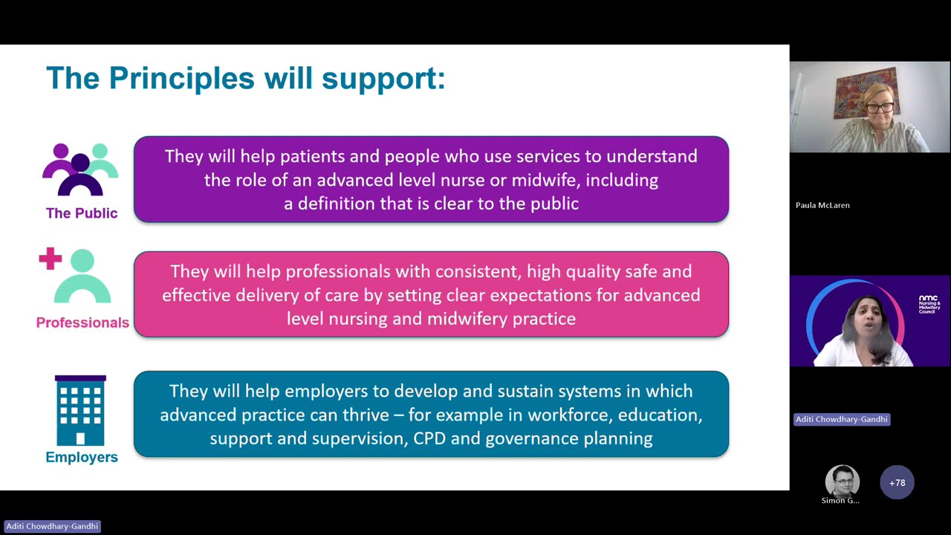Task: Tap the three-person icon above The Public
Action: coord(80,170)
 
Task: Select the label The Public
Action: coord(82,213)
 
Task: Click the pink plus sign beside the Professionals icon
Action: coord(51,259)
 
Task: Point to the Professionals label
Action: coord(82,322)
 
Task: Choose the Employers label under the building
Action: coord(82,457)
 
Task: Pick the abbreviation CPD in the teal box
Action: coord(429,438)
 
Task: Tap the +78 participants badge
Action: coord(898,483)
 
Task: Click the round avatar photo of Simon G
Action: coord(842,481)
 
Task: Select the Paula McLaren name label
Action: coord(822,205)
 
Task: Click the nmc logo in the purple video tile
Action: coord(929,304)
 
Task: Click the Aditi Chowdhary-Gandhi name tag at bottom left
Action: coord(52,526)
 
